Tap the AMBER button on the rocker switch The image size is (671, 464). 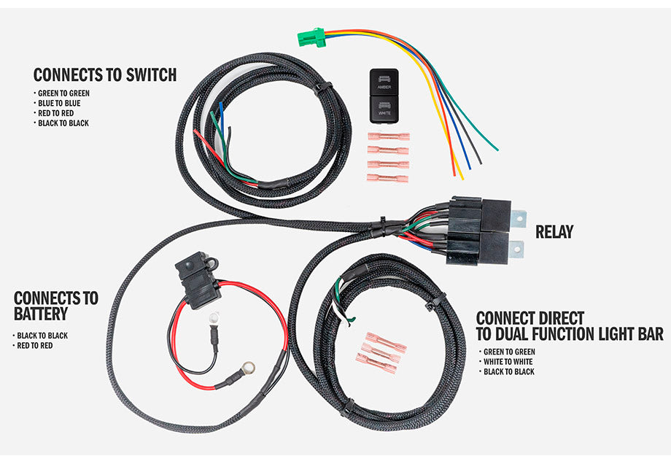[x=384, y=82]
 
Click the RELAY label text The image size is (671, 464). [x=554, y=233]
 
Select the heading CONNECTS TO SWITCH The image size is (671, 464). [x=105, y=74]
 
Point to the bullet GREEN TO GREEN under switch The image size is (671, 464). [x=64, y=93]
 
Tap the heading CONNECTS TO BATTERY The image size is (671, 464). [x=55, y=306]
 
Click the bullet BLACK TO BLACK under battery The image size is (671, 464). [x=43, y=336]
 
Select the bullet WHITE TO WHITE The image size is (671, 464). [x=508, y=362]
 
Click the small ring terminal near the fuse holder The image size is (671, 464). [x=214, y=317]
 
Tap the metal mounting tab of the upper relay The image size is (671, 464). [x=519, y=217]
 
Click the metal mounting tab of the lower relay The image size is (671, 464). [x=516, y=249]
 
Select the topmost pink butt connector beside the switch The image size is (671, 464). [x=388, y=136]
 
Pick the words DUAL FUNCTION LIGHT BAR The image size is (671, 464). [x=569, y=334]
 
